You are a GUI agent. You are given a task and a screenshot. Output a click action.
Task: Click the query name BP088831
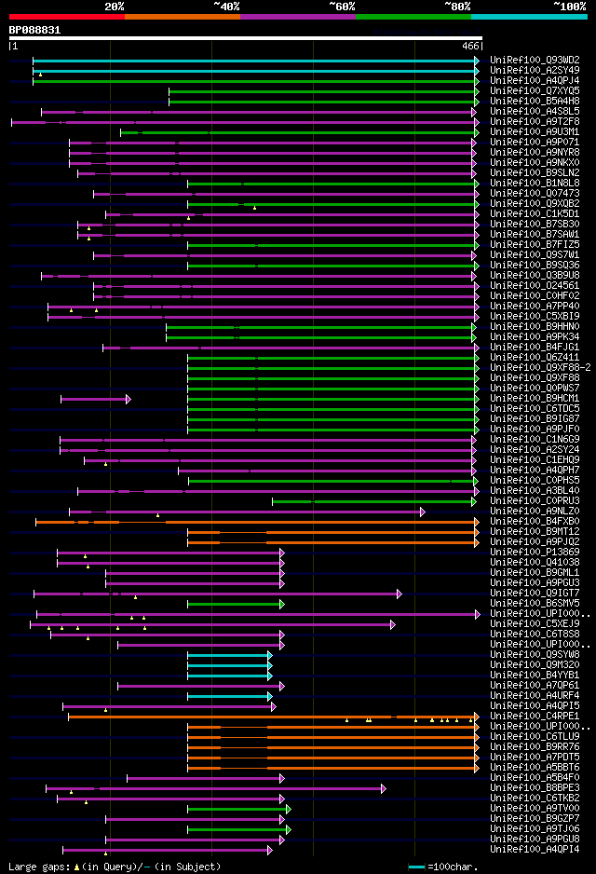[x=35, y=30]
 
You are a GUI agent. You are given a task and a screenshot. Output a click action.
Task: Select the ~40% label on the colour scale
[x=226, y=7]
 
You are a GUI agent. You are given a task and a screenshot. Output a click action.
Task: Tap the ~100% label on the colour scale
[x=569, y=7]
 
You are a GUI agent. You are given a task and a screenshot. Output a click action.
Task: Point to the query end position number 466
[x=469, y=46]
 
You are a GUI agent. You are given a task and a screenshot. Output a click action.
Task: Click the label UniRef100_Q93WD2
[x=534, y=60]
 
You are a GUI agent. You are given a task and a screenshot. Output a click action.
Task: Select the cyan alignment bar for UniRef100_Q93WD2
[x=251, y=61]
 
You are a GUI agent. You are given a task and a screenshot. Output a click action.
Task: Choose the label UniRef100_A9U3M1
[x=534, y=131]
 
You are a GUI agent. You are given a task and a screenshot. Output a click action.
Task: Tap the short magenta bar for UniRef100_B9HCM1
[x=93, y=399]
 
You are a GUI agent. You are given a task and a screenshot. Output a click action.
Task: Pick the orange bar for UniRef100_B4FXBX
[x=251, y=522]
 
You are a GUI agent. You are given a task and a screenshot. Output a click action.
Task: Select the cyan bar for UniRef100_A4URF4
[x=228, y=696]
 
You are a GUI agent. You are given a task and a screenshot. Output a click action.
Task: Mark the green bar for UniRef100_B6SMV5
[x=228, y=604]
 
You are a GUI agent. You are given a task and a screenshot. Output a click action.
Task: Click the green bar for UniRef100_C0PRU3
[x=372, y=501]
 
